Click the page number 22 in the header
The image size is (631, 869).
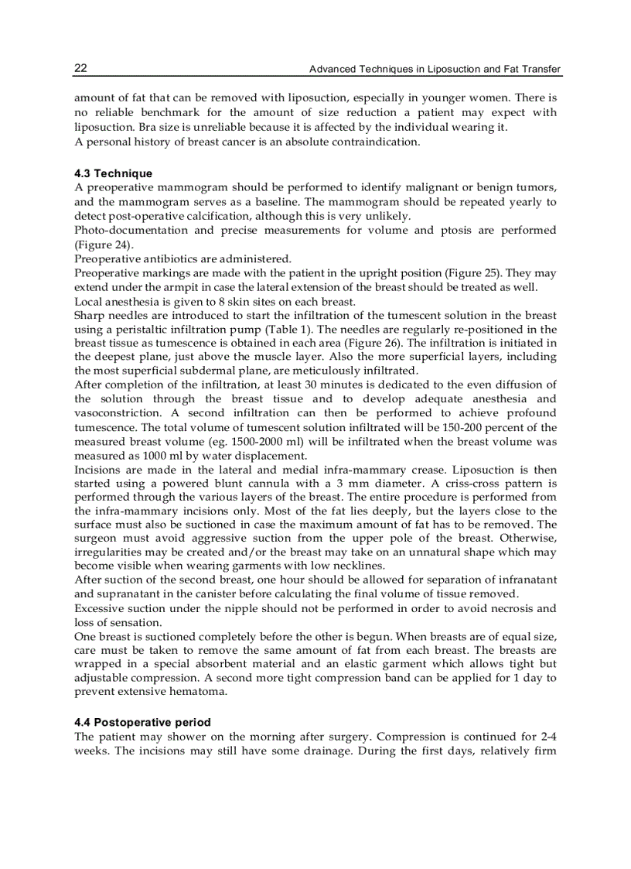(x=80, y=69)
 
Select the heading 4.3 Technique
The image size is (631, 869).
(x=114, y=173)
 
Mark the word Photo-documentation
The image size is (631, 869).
(x=131, y=231)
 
